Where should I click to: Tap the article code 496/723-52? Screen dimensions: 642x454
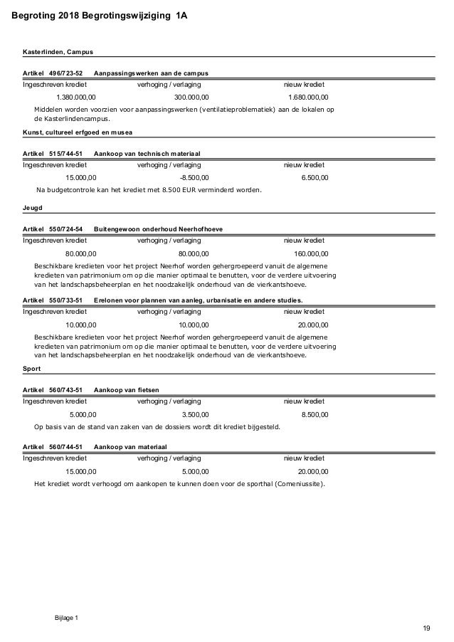(x=65, y=73)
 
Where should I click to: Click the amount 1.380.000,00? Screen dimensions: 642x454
(x=77, y=98)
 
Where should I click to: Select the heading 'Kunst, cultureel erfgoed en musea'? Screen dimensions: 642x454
(x=79, y=133)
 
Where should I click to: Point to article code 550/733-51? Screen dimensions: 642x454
(x=65, y=300)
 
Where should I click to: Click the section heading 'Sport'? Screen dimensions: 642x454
(x=32, y=369)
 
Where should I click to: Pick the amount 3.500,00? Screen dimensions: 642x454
(x=196, y=414)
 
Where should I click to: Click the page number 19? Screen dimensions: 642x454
(x=426, y=627)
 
